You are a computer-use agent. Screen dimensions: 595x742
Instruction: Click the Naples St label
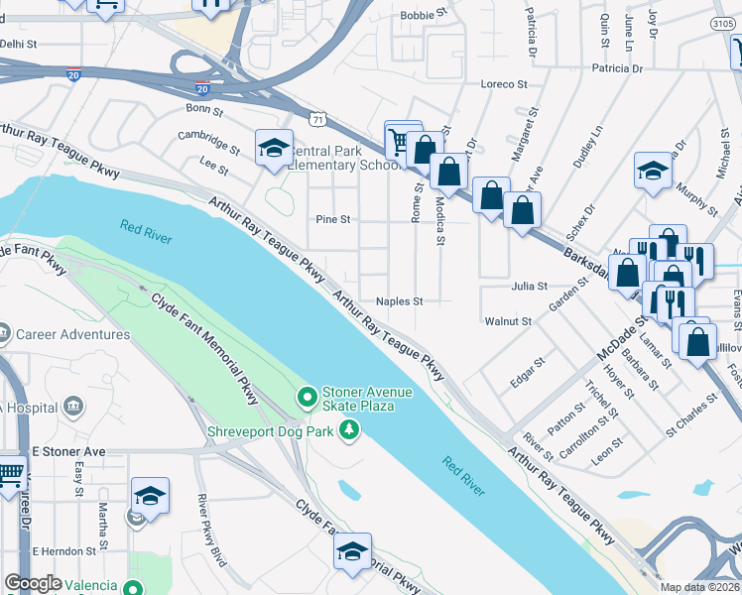click(400, 301)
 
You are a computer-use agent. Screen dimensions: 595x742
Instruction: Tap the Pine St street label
click(332, 219)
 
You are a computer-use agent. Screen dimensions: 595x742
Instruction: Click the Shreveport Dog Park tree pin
click(348, 430)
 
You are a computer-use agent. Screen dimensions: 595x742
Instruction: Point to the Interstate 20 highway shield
click(73, 73)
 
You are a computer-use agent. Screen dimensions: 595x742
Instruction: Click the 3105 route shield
click(723, 22)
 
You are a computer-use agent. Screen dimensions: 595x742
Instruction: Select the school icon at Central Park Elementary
click(274, 149)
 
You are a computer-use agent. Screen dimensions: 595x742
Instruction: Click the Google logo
click(33, 583)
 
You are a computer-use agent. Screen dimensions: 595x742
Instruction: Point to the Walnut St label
click(508, 321)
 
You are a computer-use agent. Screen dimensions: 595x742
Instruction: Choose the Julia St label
click(529, 286)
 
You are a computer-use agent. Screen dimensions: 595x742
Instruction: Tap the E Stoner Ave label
click(67, 451)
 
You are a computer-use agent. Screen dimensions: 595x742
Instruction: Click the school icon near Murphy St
click(653, 170)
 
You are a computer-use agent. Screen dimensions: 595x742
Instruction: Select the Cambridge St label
click(208, 142)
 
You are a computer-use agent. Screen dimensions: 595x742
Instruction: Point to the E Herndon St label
click(69, 550)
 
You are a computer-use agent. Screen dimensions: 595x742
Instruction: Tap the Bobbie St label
click(418, 16)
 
